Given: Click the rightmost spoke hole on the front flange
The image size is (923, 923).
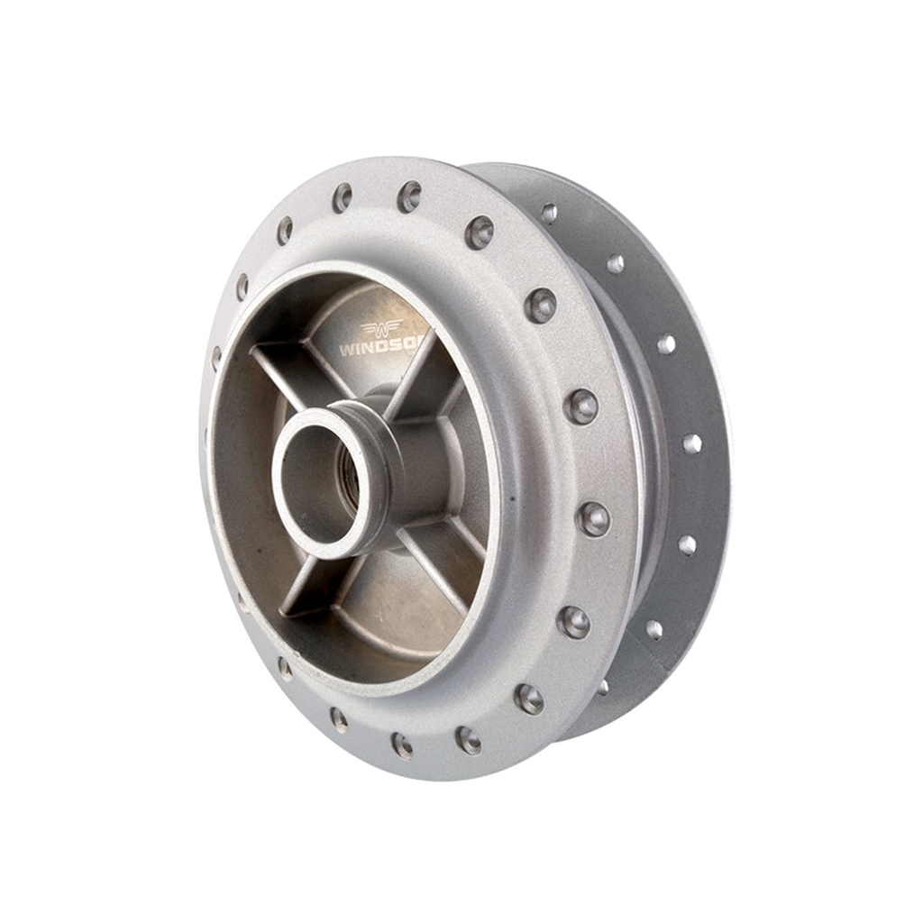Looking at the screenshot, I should (x=593, y=518).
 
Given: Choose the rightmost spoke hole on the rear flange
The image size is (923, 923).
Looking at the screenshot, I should (x=691, y=443).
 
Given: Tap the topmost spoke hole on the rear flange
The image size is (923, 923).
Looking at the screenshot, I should (x=548, y=213).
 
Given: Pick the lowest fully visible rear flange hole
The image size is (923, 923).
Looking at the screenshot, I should (x=653, y=629).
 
